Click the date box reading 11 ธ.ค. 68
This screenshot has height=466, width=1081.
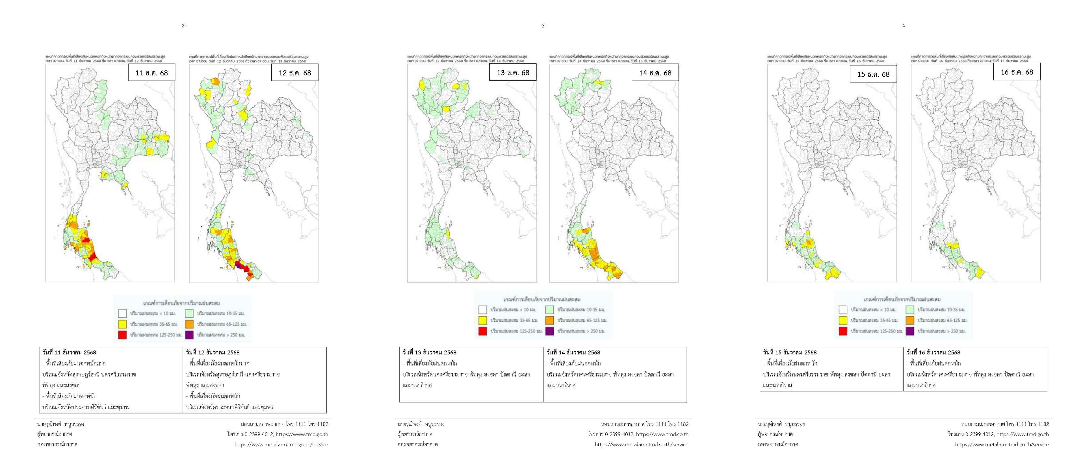tap(151, 73)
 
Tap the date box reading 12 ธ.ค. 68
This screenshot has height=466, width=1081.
tap(295, 73)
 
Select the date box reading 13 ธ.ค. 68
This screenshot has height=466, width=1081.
tap(513, 73)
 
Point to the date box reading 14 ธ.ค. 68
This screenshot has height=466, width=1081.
tap(655, 73)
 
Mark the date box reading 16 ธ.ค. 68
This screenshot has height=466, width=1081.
tap(1017, 72)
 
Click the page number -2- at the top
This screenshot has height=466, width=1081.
tap(183, 26)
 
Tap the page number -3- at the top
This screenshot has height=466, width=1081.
tap(543, 26)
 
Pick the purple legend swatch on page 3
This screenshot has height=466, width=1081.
tap(550, 331)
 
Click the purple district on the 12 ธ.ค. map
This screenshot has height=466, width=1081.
tap(238, 265)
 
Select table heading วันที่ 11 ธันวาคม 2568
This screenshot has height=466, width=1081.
tap(69, 352)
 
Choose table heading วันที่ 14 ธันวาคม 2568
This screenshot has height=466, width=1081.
tap(573, 352)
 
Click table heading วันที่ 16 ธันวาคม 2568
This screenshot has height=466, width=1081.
tap(933, 352)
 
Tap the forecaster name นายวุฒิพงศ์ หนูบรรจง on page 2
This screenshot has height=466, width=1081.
tap(60, 424)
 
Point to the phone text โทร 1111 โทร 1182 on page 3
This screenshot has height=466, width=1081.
tap(667, 424)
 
